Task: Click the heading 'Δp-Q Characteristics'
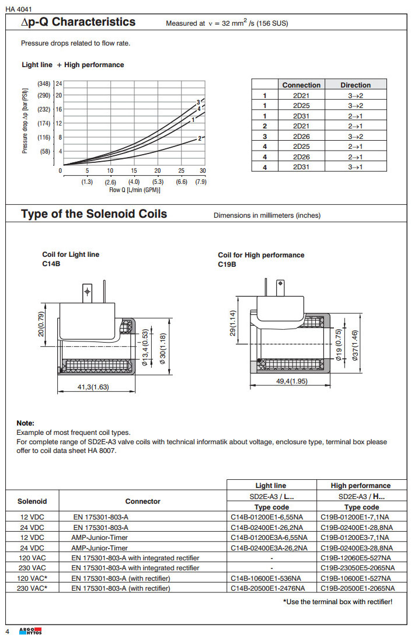click(78, 22)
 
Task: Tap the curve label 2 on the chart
click(200, 138)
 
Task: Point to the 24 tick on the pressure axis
click(59, 83)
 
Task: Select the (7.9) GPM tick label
click(201, 182)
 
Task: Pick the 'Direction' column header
click(356, 85)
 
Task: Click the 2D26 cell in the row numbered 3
click(301, 137)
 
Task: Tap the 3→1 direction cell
click(356, 168)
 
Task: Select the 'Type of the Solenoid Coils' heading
click(94, 214)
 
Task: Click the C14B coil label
click(51, 263)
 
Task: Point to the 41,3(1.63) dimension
click(97, 386)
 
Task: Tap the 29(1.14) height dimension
click(233, 323)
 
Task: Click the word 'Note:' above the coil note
click(25, 423)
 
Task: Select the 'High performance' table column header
click(360, 485)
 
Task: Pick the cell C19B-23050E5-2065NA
click(357, 568)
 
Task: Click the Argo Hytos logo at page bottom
click(31, 632)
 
